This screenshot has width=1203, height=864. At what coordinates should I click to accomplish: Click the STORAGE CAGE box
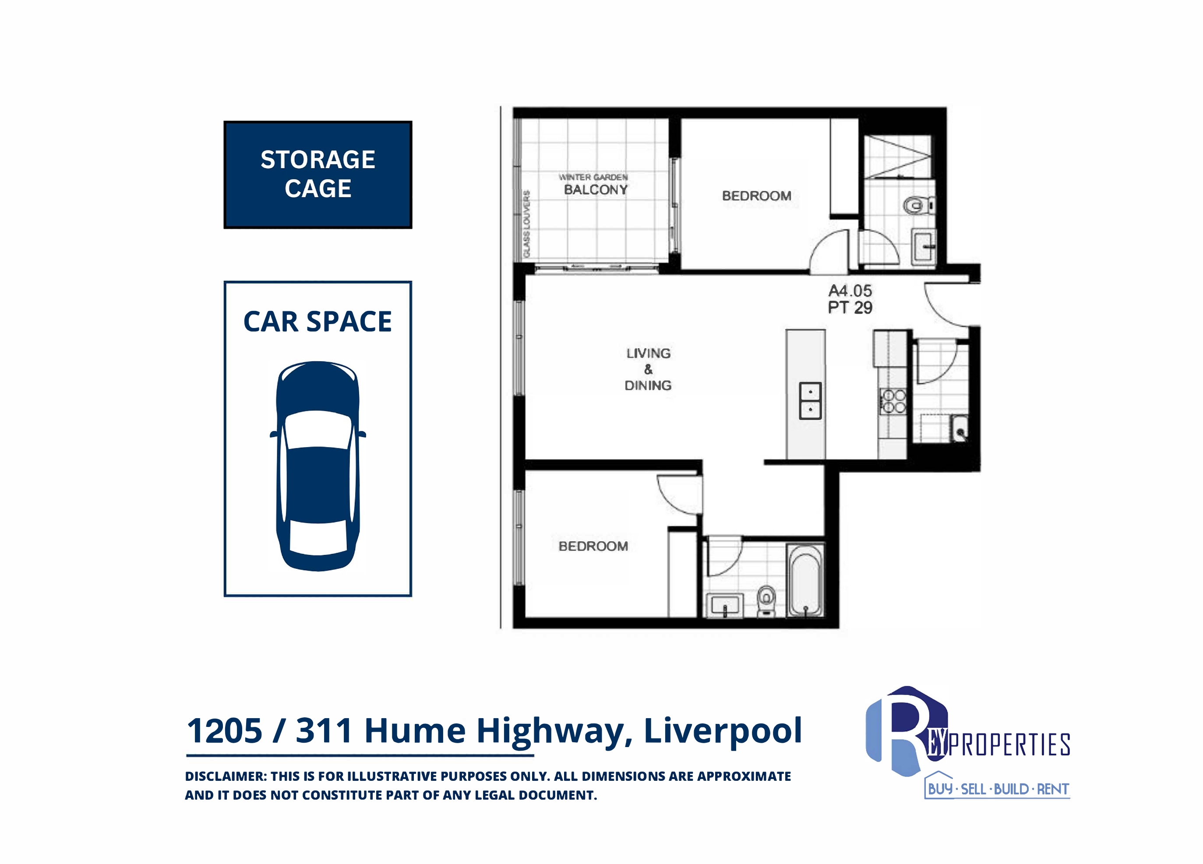(x=318, y=174)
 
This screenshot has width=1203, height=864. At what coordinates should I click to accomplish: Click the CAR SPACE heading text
(x=318, y=321)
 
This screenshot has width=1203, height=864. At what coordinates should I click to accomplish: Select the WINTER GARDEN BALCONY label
(x=594, y=184)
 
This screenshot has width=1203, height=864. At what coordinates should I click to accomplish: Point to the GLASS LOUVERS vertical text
(x=526, y=224)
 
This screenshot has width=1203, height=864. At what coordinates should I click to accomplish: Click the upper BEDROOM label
(x=756, y=196)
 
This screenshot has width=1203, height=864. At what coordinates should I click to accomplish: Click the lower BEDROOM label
(x=593, y=546)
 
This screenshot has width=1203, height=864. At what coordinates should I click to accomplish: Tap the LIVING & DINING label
(x=648, y=369)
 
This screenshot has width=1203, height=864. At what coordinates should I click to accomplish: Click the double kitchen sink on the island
(x=811, y=400)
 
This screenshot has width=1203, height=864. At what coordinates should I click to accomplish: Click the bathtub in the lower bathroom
(x=805, y=580)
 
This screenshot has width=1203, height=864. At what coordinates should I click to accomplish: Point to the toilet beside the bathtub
(x=766, y=601)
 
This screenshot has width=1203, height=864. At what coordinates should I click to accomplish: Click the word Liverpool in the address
(x=723, y=731)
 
